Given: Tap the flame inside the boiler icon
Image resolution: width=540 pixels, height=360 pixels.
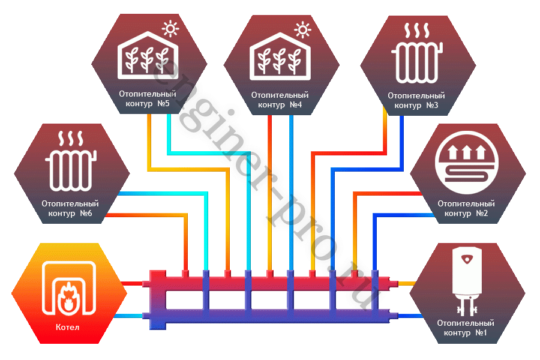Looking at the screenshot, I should (x=68, y=296).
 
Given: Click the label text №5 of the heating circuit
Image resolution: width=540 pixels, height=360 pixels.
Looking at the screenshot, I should (x=163, y=104).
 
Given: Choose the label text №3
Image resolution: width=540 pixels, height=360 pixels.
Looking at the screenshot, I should (x=431, y=106).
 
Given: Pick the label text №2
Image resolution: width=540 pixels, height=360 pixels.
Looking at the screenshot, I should (x=481, y=214).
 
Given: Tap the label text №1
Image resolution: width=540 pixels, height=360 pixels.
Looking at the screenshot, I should (x=482, y=332).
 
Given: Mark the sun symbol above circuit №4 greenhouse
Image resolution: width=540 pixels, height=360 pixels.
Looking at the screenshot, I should (x=304, y=28).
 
